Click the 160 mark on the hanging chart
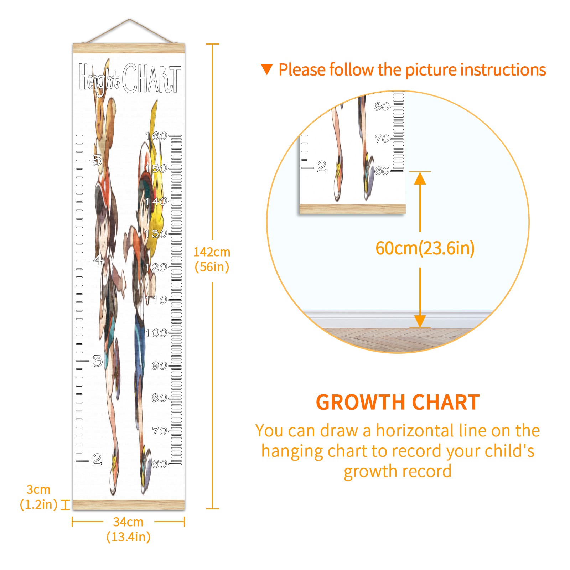pos(156,136)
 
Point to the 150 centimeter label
pos(156,169)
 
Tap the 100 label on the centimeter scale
pos(156,333)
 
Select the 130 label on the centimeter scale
pos(156,234)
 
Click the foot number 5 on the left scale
pos(97,160)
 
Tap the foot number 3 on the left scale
pos(97,361)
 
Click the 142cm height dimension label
pos(212,252)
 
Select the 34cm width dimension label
pos(128,522)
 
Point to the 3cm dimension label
pos(38,489)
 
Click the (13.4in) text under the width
pos(129,537)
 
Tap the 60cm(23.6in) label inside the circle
pos(425,248)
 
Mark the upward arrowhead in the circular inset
pos(420,178)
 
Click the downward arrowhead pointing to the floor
pos(420,321)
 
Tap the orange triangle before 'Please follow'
pos(267,69)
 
